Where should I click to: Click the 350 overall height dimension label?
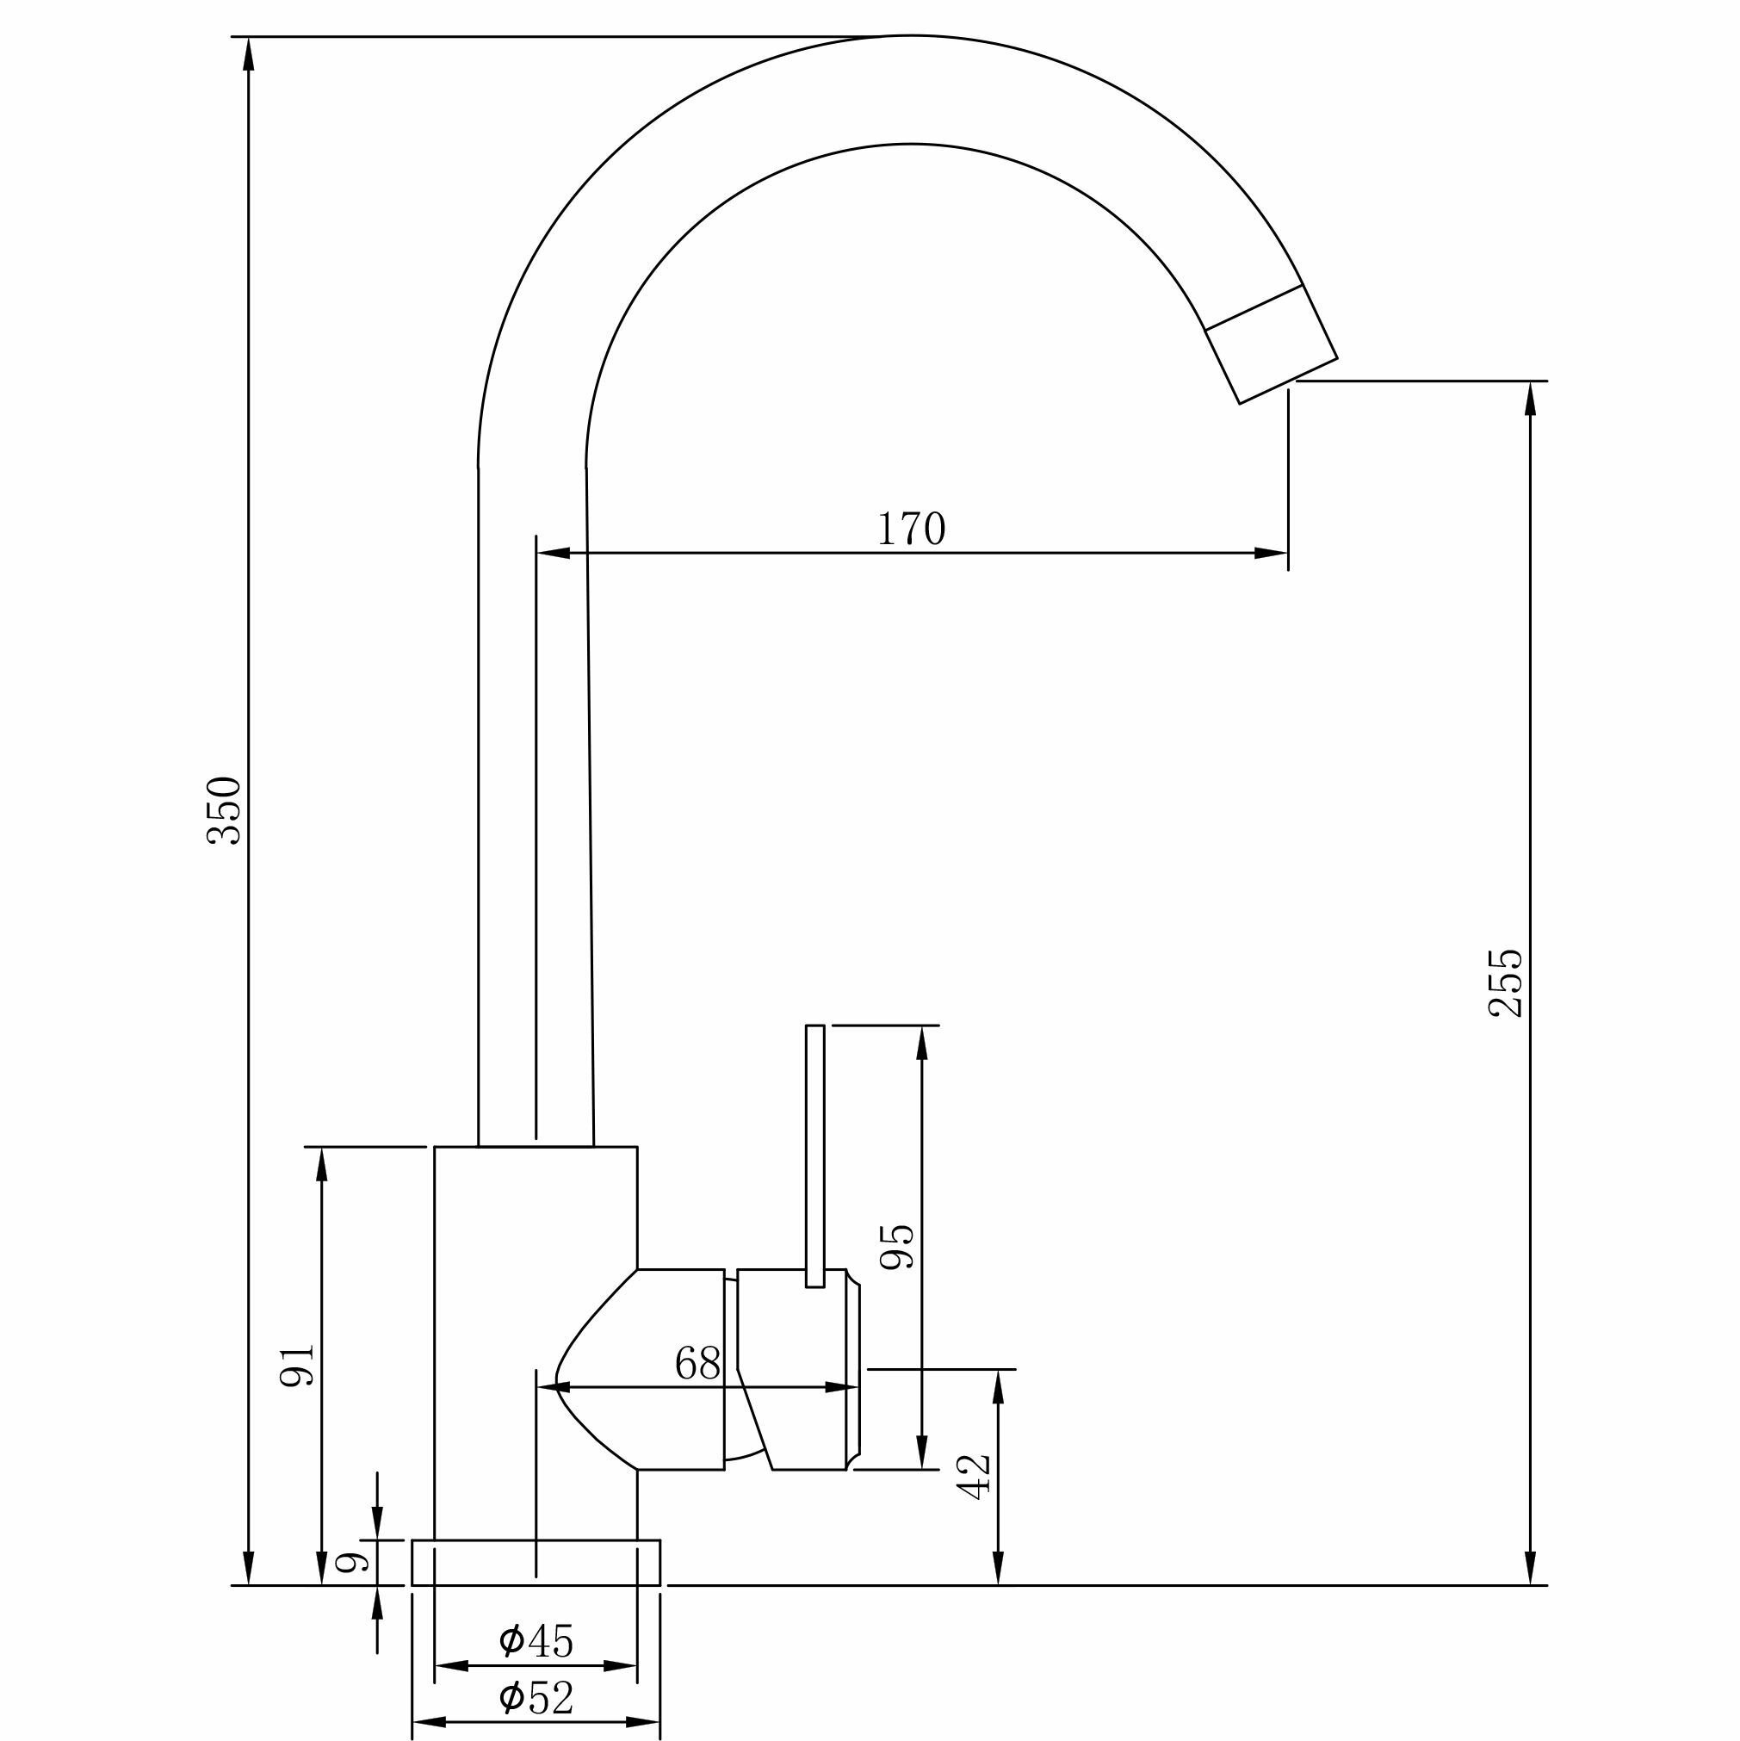pyautogui.click(x=225, y=810)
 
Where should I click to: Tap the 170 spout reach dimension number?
pyautogui.click(x=911, y=529)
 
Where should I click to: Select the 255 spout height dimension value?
pyautogui.click(x=1505, y=982)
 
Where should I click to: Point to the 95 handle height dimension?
pyautogui.click(x=896, y=1247)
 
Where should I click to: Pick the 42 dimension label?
pyautogui.click(x=974, y=1476)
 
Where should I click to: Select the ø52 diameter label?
pyautogui.click(x=536, y=1698)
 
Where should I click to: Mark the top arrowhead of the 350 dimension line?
pyautogui.click(x=250, y=53)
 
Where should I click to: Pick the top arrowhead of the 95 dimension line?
pyautogui.click(x=921, y=1042)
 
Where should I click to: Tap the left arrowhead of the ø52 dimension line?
pyautogui.click(x=428, y=1722)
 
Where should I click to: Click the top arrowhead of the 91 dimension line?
pyautogui.click(x=322, y=1163)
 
